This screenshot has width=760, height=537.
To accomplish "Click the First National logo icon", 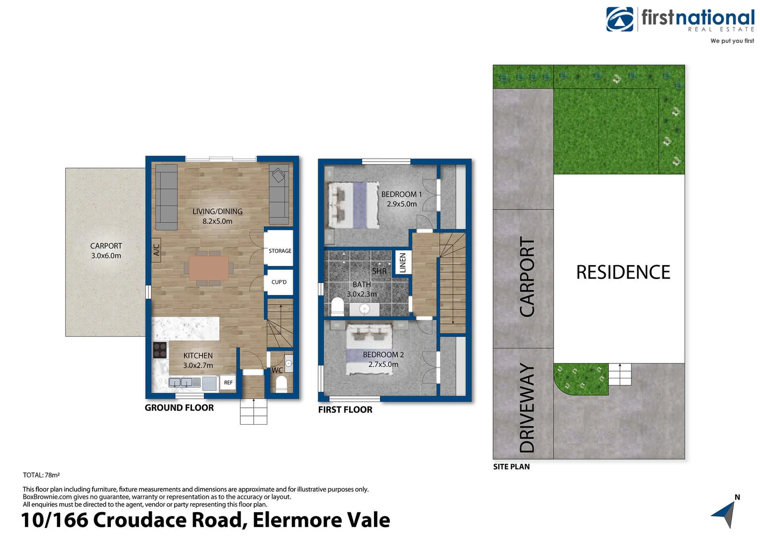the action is coord(619,19).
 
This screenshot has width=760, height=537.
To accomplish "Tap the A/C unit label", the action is coord(156,250).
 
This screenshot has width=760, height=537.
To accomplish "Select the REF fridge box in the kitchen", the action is coord(228,383).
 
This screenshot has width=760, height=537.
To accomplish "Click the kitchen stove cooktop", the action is coord(160,350).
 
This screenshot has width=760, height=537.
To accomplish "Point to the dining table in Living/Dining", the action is coord(209,268).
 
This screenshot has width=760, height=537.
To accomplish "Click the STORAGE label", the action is coord(280,251).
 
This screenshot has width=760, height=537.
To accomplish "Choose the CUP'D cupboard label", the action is coord(279,282).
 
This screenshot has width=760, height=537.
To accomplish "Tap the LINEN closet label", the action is coord(403,263).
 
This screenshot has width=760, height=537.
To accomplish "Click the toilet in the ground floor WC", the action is coord(281,384).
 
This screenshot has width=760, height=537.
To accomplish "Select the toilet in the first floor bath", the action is coord(337,307).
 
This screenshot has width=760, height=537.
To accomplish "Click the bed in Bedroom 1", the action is coord(353,205).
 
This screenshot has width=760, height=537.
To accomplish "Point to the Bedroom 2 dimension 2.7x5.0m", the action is coord(383,364).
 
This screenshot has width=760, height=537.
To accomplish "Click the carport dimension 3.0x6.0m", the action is coord(106,256).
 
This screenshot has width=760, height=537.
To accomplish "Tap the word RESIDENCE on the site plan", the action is coord(623,272).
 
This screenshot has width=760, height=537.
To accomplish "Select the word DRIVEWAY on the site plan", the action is coord(527,408).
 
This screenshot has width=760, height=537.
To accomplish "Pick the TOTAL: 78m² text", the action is coord(41,475).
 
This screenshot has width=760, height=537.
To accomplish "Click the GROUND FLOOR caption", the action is coord(179,408).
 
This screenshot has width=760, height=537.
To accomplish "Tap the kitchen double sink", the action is coord(180,383).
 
